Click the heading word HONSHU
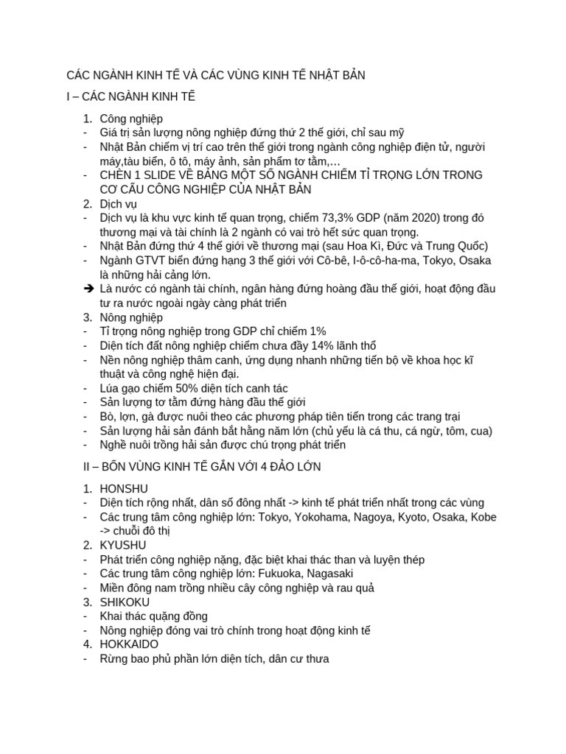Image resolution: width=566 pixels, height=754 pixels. pyautogui.click(x=124, y=488)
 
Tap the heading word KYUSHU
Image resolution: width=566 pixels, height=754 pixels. pyautogui.click(x=123, y=546)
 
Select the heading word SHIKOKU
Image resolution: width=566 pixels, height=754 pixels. pyautogui.click(x=125, y=602)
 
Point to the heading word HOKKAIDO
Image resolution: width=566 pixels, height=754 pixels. pyautogui.click(x=129, y=644)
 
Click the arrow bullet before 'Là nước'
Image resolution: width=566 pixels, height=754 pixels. pyautogui.click(x=87, y=289)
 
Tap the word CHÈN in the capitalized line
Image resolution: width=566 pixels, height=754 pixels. pyautogui.click(x=118, y=175)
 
